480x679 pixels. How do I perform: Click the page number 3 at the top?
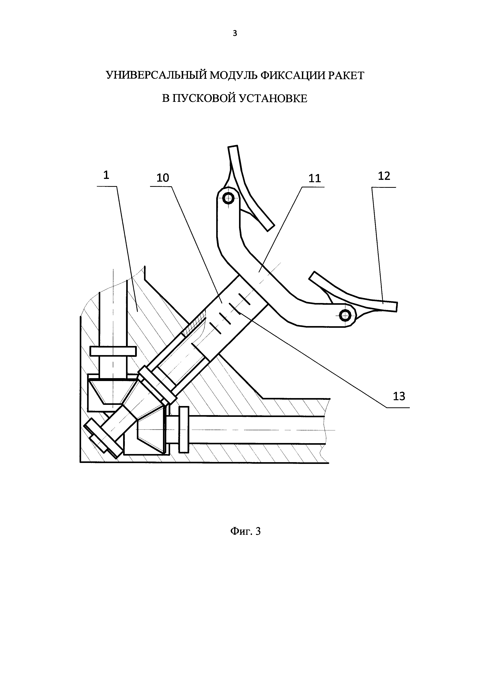[235, 33]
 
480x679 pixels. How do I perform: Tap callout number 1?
[106, 175]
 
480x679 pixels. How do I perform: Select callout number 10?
[163, 178]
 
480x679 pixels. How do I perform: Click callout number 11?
[315, 178]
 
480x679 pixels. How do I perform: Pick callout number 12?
[384, 176]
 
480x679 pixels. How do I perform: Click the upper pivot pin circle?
[228, 198]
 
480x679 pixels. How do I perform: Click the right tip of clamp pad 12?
[396, 307]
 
